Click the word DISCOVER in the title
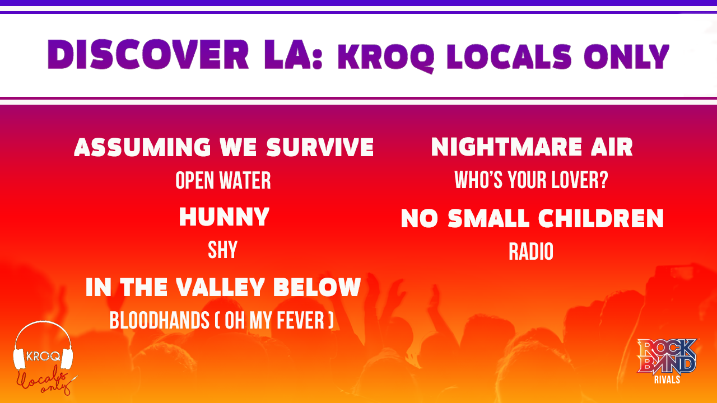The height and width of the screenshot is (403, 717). coord(148,54)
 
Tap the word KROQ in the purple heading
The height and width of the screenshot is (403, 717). coord(387,58)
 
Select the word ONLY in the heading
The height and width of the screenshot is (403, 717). coord(626,57)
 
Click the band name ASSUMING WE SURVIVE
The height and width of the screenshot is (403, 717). coord(224,147)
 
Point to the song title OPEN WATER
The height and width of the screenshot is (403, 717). coord(223,180)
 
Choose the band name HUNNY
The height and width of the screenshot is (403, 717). coord(224,217)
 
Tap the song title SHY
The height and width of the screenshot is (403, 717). coord(223,250)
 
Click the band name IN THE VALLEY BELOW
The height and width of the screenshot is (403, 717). coord(223,287)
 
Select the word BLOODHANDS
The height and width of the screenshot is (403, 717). coord(160,320)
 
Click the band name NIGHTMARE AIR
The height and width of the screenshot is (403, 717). coord(532,147)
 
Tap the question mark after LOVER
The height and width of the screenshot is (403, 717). coord(603,180)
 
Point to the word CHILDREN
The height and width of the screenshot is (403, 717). coord(601,218)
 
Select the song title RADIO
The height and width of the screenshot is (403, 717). coord(531,251)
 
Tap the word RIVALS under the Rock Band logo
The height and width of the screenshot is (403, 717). coord(667,379)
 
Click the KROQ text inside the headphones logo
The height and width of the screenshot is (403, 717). coord(43,356)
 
